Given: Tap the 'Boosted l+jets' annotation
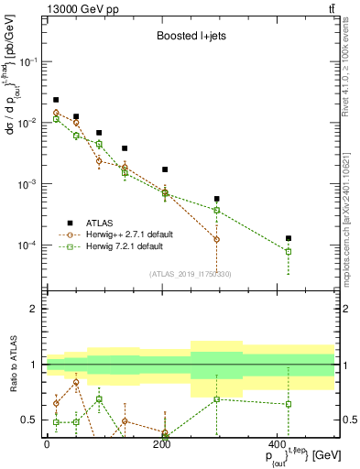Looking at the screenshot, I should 190,38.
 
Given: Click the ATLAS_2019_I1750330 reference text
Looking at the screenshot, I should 190,273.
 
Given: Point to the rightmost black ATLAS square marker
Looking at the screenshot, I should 289,238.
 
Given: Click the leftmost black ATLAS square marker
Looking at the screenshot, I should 56,100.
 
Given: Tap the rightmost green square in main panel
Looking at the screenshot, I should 289,251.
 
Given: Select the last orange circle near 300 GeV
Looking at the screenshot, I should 217,239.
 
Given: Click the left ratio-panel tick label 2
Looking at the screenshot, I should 36,309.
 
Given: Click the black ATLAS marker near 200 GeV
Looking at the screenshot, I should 165,169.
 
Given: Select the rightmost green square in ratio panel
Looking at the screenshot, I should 289,404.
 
